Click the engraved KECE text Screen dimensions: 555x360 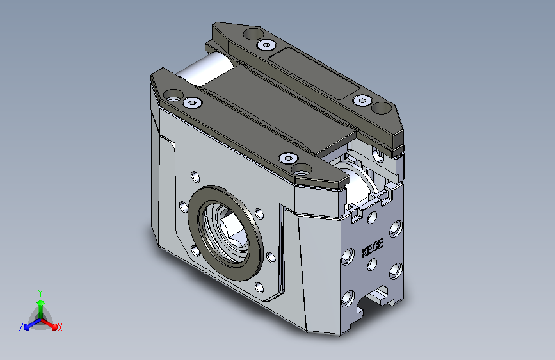[373, 249]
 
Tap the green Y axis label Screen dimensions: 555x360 [40, 293]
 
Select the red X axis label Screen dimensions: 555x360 [60, 327]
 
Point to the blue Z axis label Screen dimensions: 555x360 [21, 327]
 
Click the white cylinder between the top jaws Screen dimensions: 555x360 [205, 69]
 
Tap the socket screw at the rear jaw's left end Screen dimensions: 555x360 [266, 45]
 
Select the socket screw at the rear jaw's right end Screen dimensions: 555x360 [362, 101]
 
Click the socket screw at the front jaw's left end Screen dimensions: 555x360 [192, 102]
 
